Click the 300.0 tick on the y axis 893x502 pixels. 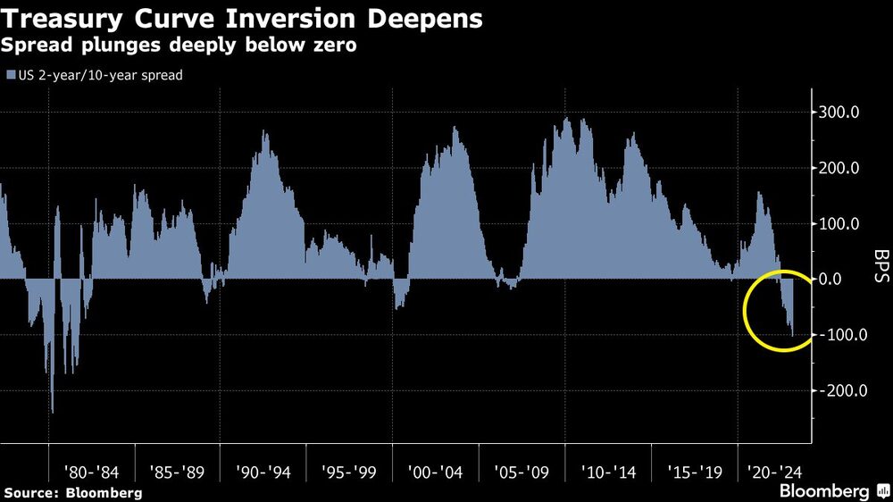tap(842, 113)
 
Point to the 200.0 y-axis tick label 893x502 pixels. tap(842, 168)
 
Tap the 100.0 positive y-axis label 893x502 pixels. tap(842, 223)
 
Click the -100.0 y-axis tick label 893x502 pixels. tap(839, 335)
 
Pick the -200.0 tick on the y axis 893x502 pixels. tap(839, 390)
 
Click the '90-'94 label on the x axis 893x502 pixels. tap(263, 470)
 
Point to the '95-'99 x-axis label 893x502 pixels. tap(349, 470)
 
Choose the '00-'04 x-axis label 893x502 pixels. tap(435, 470)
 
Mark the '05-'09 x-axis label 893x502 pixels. tap(522, 470)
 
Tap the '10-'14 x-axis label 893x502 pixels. tap(607, 470)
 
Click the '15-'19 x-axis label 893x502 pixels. tap(694, 470)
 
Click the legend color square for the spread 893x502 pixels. tap(11, 76)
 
